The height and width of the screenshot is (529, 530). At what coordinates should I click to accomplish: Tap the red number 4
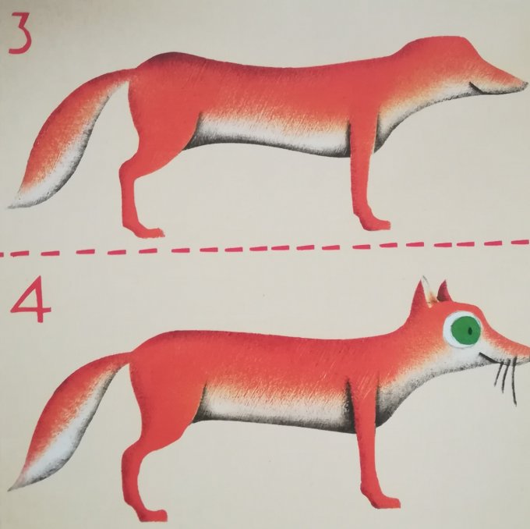(x=30, y=299)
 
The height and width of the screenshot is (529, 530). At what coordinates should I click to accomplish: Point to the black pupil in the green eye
(x=470, y=330)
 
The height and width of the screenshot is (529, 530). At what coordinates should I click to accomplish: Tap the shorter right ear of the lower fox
(x=443, y=291)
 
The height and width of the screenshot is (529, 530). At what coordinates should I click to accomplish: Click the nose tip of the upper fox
(x=525, y=83)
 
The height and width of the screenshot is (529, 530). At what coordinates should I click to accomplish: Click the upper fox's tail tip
(x=12, y=205)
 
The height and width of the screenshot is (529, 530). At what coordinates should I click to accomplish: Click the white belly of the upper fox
(x=270, y=136)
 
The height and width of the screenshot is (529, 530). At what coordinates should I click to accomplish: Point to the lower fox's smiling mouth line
(x=486, y=357)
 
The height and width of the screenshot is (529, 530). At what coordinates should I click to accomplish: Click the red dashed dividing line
(x=265, y=249)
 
